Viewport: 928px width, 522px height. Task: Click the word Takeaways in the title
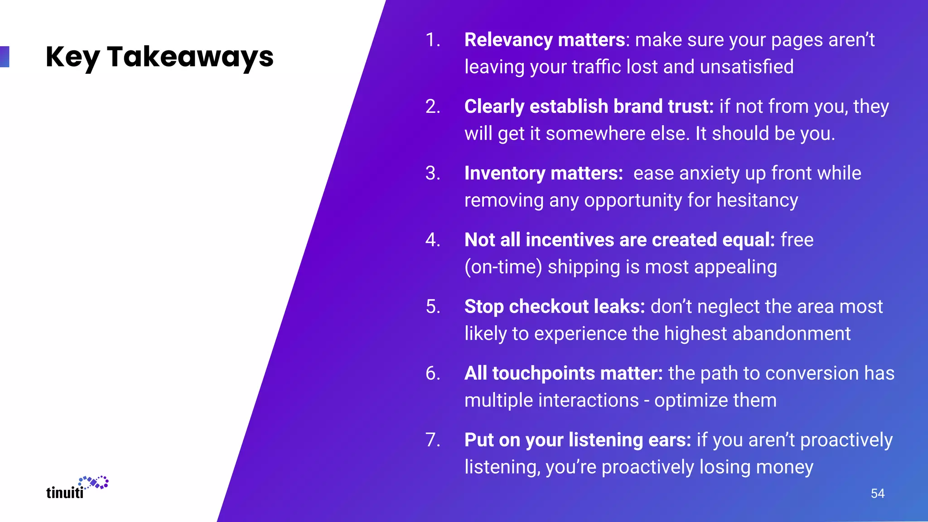pyautogui.click(x=190, y=57)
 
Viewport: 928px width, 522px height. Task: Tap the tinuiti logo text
pyautogui.click(x=65, y=493)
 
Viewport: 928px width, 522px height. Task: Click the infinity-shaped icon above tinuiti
pyautogui.click(x=94, y=483)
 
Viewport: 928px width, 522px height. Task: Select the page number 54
pyautogui.click(x=877, y=493)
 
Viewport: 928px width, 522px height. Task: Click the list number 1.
pyautogui.click(x=433, y=40)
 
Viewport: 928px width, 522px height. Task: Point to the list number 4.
pyautogui.click(x=433, y=240)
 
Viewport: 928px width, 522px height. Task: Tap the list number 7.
pyautogui.click(x=433, y=440)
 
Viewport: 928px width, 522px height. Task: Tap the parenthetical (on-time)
pyautogui.click(x=503, y=267)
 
